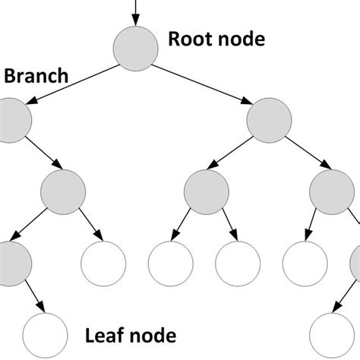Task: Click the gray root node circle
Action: [x=136, y=47]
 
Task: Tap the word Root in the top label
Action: [x=189, y=39]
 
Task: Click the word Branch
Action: [x=36, y=77]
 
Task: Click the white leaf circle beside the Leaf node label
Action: [x=43, y=333]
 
